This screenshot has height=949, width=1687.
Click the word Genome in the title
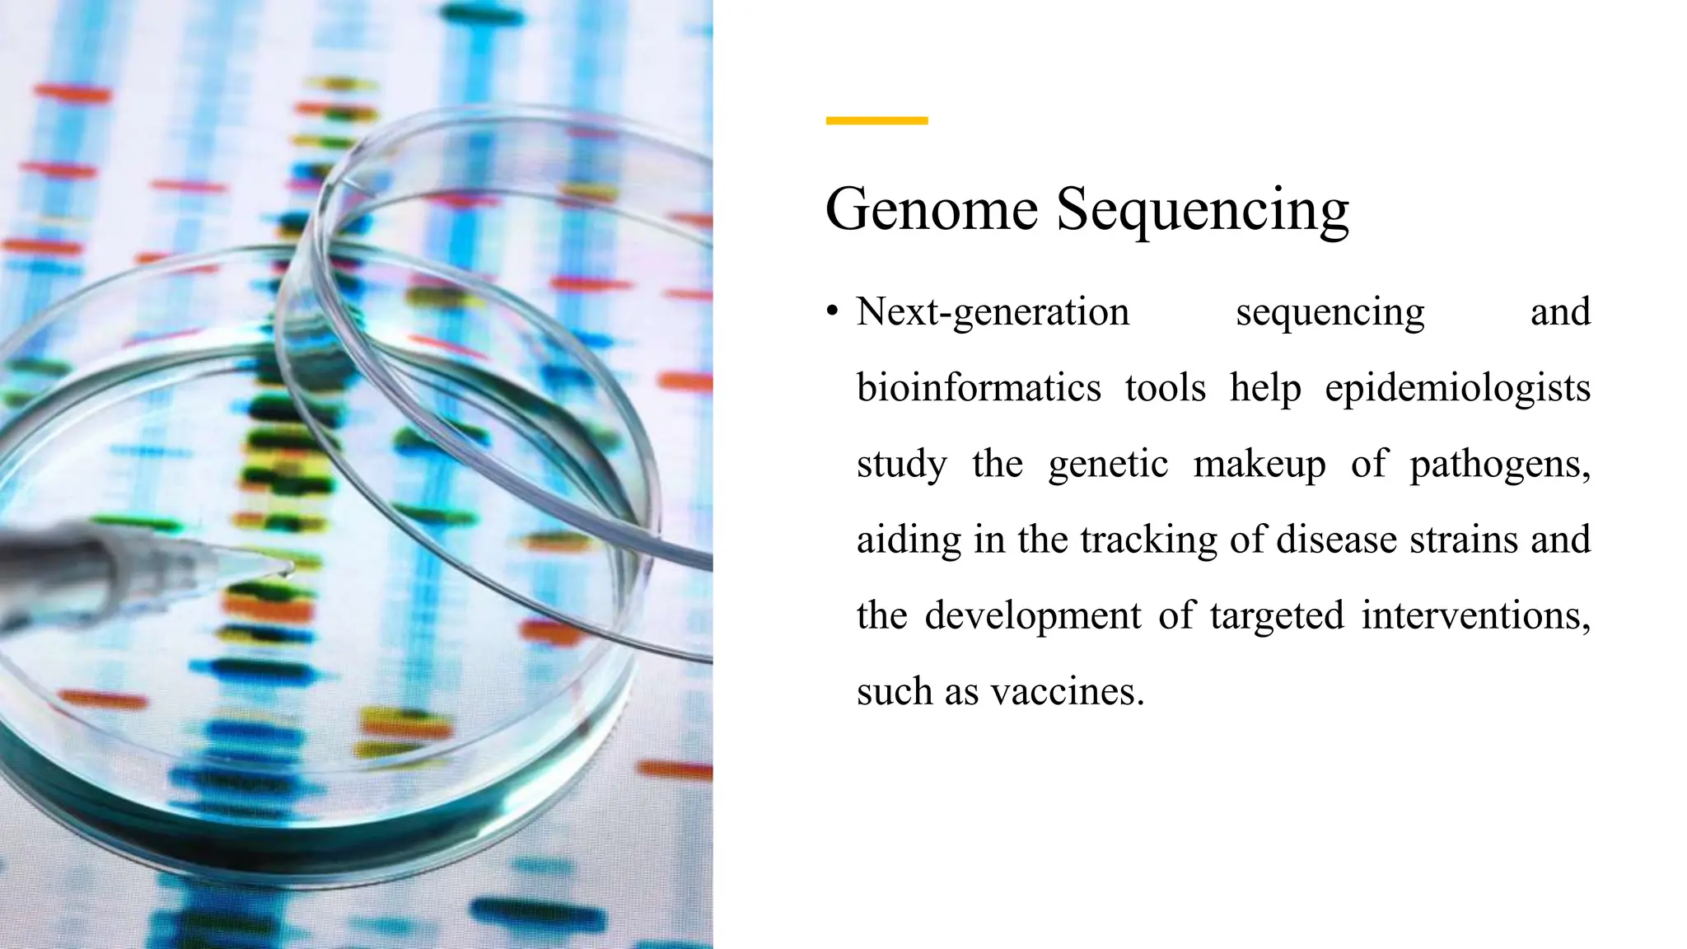(931, 209)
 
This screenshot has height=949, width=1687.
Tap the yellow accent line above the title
(876, 121)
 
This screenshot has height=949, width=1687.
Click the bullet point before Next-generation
(833, 312)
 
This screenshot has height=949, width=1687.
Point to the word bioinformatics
(979, 388)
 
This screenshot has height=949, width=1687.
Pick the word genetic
(1108, 465)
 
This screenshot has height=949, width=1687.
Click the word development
(1032, 616)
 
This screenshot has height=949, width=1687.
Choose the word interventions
(1474, 615)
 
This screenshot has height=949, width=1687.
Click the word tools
(1165, 388)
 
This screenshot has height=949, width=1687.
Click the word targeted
(1277, 616)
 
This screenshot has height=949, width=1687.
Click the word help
(1264, 388)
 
